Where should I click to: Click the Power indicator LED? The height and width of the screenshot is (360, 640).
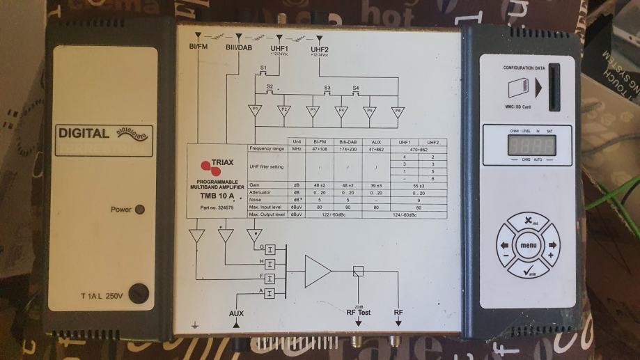139,210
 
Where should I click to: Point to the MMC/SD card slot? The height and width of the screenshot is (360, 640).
553,88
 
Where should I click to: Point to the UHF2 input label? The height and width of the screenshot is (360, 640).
320,49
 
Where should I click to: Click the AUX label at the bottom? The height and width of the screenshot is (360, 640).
237,313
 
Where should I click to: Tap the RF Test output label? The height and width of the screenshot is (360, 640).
358,313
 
